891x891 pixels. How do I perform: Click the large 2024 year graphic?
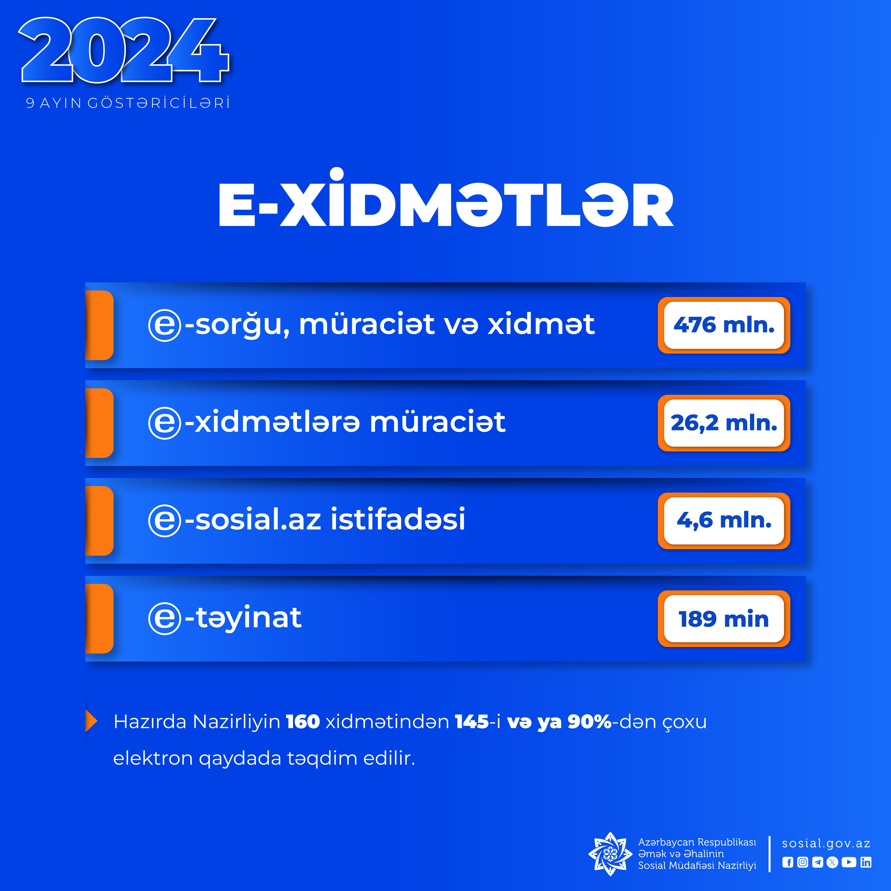[x=124, y=51]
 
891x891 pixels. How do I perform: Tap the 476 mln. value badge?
[x=724, y=325]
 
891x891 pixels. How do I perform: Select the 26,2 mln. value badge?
[x=724, y=423]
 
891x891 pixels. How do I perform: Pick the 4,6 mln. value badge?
[x=724, y=521]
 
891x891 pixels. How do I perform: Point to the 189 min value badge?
[x=724, y=618]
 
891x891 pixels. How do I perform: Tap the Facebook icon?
[x=788, y=862]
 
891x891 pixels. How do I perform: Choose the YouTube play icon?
[x=849, y=862]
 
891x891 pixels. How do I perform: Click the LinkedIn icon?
[x=866, y=862]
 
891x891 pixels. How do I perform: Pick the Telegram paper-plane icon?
[x=818, y=862]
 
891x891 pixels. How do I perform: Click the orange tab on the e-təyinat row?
[x=100, y=618]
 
